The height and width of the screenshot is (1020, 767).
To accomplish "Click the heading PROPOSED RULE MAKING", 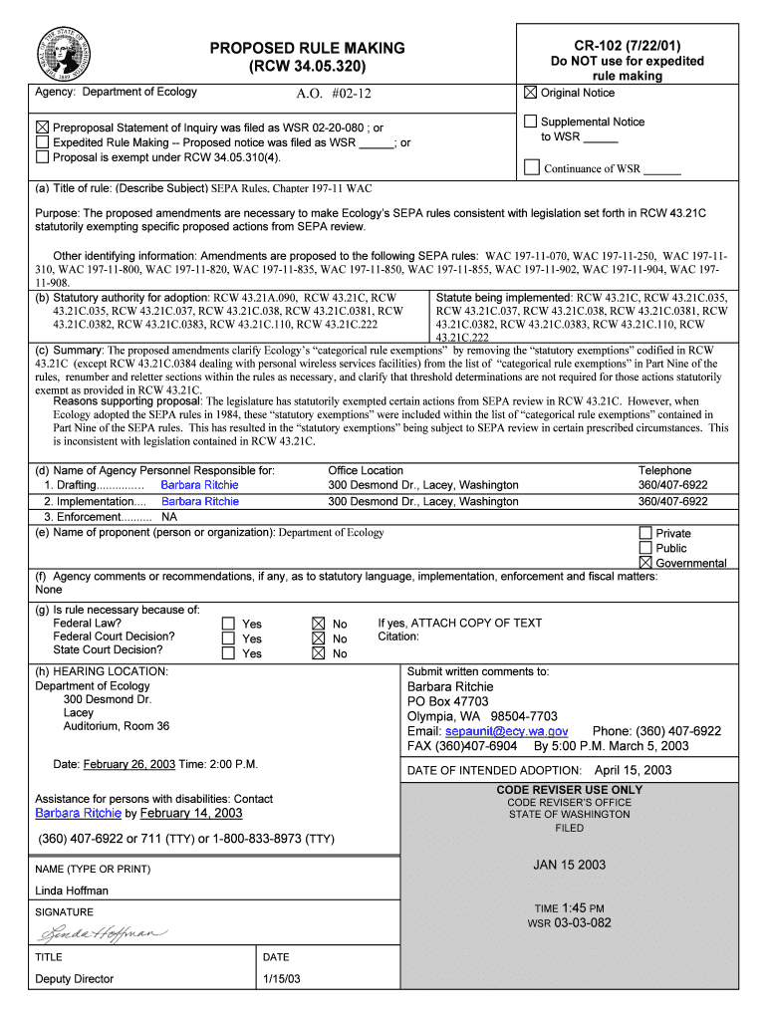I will click(x=307, y=48).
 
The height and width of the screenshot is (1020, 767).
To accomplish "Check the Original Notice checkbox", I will click(x=531, y=94).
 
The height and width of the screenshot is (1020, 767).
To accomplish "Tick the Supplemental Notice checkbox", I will click(x=531, y=122).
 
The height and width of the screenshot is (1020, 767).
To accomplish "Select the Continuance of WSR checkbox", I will click(x=532, y=167).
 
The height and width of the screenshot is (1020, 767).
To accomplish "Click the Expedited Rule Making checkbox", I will click(x=42, y=142).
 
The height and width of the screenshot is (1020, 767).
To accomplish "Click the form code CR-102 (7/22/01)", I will click(x=627, y=45).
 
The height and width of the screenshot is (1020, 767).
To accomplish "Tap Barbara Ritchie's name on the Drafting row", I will click(x=199, y=485).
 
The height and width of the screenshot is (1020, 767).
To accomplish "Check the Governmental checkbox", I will click(x=645, y=563).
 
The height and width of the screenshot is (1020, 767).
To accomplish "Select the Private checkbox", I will click(x=645, y=533).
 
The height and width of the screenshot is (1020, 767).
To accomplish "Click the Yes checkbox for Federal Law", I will click(x=228, y=624).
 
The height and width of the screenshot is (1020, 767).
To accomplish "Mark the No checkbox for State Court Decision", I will click(x=319, y=653).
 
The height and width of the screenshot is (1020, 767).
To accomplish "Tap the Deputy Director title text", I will click(x=75, y=979).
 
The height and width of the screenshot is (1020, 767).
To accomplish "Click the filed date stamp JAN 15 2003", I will click(x=569, y=865).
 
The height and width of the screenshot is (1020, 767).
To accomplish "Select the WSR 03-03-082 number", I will click(x=569, y=922).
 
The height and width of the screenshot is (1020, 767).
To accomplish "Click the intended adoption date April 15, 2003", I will click(x=633, y=770).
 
